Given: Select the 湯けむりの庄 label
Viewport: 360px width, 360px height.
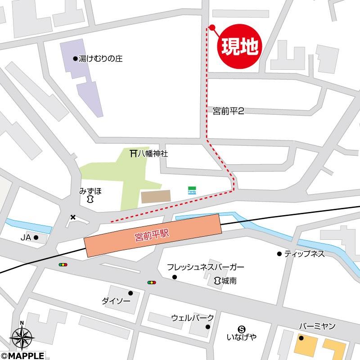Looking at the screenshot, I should tap(101, 58).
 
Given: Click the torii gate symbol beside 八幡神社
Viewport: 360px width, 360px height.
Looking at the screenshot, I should tap(133, 153).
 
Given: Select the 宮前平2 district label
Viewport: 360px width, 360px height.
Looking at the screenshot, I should tap(228, 111).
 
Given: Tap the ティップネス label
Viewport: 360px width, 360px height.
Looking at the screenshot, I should tap(304, 254).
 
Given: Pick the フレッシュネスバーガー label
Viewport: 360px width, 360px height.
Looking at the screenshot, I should tap(206, 267).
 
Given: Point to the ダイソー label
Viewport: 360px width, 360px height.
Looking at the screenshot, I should tap(116, 301).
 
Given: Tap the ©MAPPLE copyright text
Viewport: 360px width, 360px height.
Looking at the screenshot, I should tap(22, 355).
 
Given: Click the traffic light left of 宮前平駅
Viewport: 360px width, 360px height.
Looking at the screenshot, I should tap(63, 265).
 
